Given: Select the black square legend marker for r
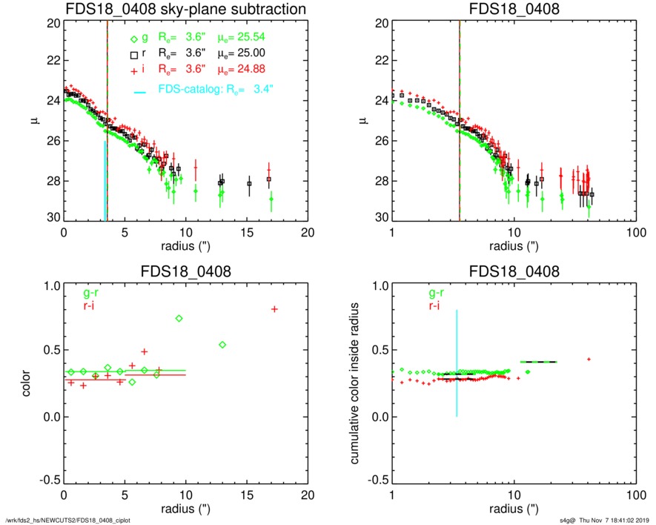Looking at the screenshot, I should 134,54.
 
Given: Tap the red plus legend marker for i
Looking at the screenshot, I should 134,70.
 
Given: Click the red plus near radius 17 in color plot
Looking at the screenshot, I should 274,309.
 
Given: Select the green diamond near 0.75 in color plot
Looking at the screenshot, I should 179,318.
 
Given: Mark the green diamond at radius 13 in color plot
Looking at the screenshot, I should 222,344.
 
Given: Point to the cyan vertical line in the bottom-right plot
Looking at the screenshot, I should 457,363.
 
